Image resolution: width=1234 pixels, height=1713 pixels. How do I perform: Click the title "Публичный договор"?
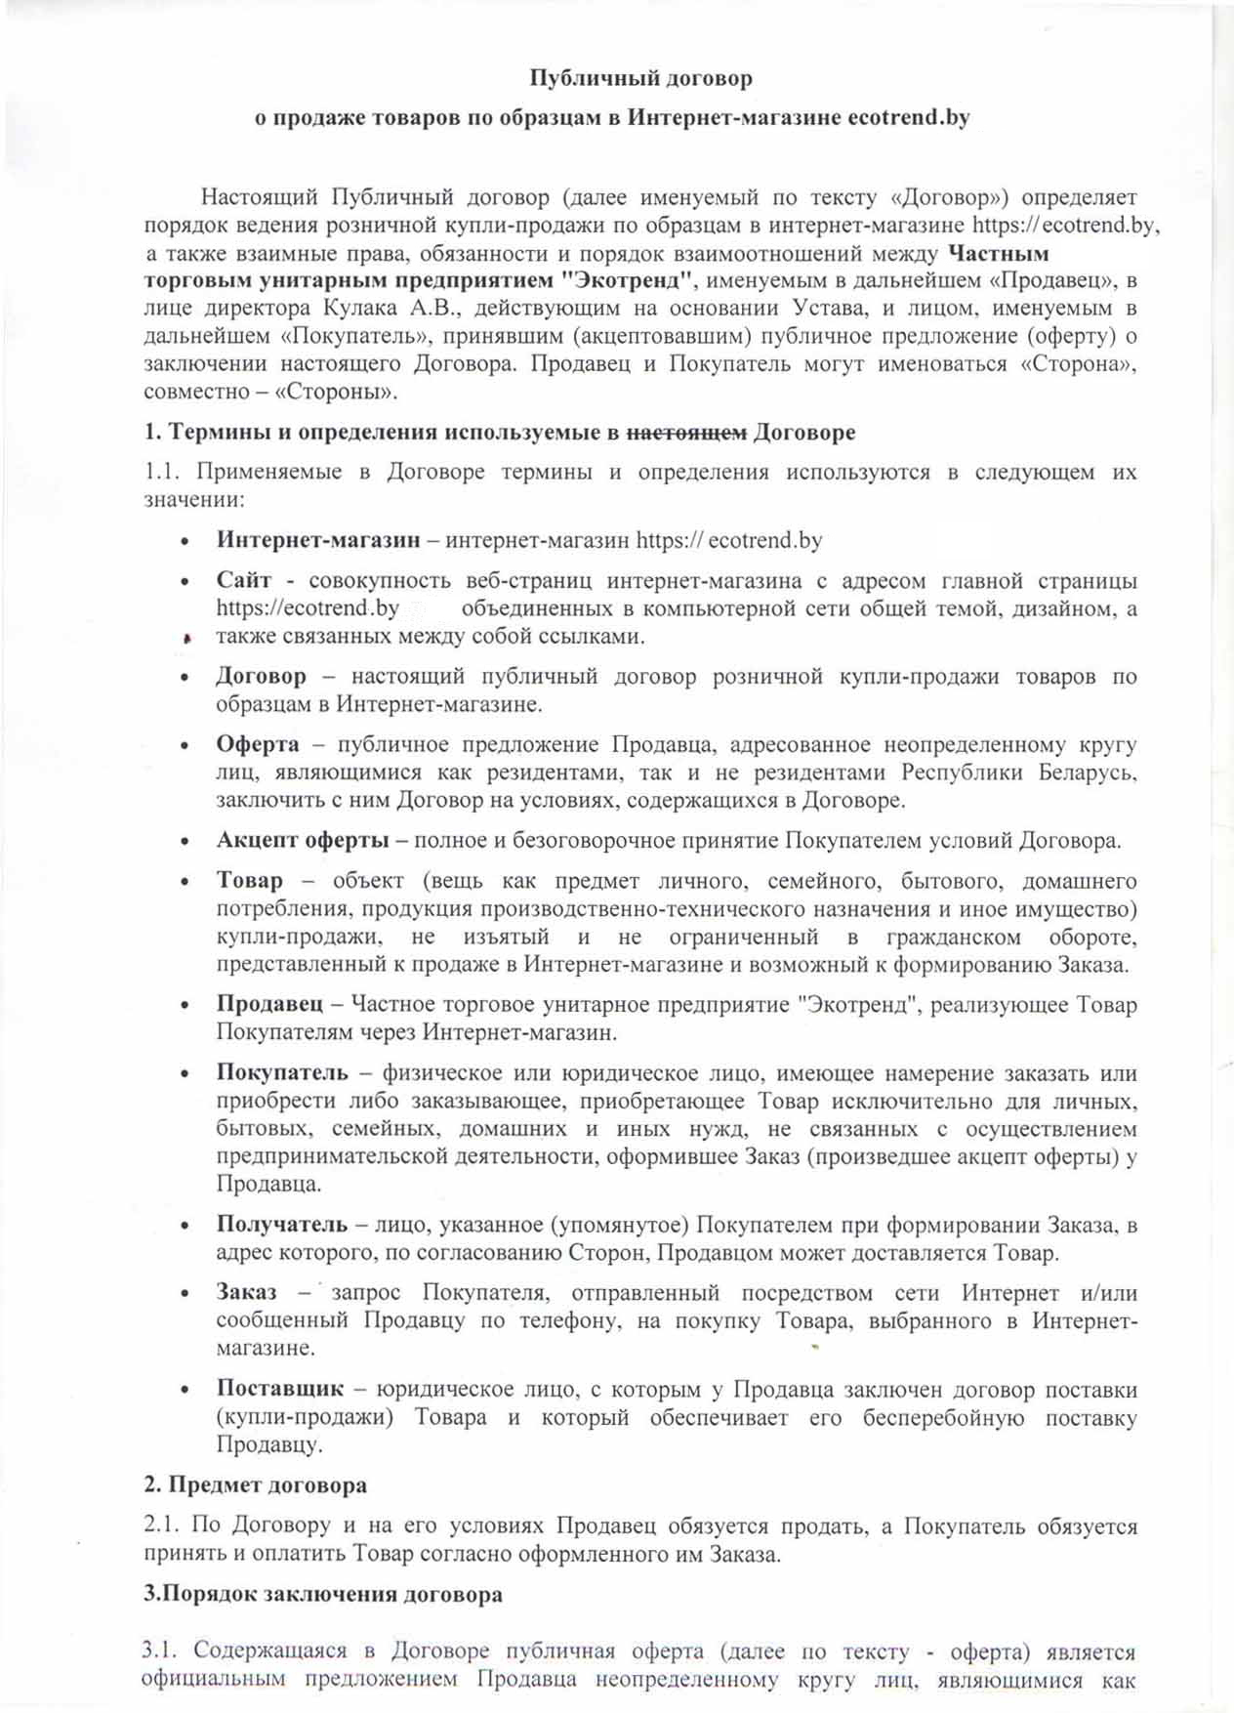(x=640, y=77)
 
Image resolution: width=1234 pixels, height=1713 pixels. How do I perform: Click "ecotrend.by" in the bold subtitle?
(x=908, y=118)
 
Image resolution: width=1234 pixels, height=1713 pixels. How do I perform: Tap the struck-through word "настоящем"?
(x=686, y=432)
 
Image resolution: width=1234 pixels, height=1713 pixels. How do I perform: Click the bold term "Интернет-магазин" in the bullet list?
(x=318, y=540)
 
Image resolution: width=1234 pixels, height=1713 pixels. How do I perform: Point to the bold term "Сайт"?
(x=243, y=580)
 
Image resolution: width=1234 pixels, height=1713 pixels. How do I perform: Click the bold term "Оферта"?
(x=258, y=744)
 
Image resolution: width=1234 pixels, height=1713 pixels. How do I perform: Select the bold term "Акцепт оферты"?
(x=304, y=841)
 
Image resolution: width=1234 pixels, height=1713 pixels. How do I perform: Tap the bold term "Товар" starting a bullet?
(x=249, y=881)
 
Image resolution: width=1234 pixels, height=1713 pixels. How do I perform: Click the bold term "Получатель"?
(x=281, y=1225)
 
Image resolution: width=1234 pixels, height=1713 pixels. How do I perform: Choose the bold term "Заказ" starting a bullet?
(x=246, y=1293)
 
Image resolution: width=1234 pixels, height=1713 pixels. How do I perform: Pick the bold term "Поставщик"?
(x=279, y=1389)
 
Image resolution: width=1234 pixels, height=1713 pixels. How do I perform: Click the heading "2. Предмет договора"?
(x=256, y=1485)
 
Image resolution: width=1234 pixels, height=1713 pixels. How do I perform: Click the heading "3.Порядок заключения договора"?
(x=323, y=1595)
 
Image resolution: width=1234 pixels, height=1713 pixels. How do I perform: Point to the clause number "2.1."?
(x=161, y=1525)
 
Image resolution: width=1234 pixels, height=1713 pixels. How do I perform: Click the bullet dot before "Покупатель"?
(x=185, y=1074)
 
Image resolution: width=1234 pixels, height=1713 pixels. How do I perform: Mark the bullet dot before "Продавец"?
(x=185, y=1006)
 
